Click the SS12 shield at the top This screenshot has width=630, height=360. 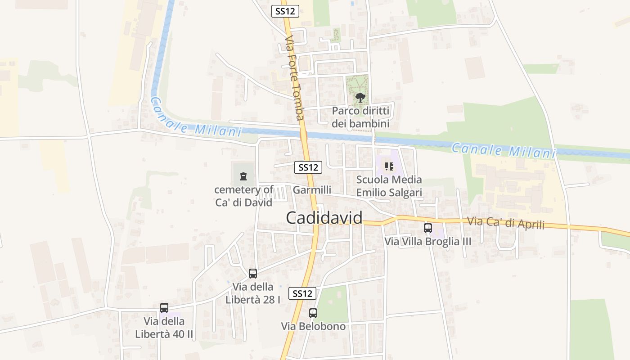coord(285,11)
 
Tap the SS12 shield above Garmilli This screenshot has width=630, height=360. coord(308,167)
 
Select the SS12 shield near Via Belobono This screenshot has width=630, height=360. coord(302,293)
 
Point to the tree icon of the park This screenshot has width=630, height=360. coord(360,97)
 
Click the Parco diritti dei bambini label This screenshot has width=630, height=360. coord(360,117)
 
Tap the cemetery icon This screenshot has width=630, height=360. coord(243,176)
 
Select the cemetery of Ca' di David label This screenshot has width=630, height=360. coord(243,196)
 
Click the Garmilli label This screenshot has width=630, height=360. coord(312,190)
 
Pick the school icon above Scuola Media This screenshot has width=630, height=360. coord(389,167)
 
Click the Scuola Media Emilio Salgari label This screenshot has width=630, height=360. coord(389,186)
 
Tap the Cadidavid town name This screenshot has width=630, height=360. coord(324,218)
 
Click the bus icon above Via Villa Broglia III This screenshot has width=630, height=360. coord(427,228)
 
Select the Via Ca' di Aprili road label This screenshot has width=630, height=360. coord(506,223)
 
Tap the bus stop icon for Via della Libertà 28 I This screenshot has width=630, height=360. coord(253,273)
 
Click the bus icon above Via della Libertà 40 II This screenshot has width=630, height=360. coord(164,308)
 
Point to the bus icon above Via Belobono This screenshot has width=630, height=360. coord(313,313)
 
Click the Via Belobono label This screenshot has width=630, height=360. coord(313,326)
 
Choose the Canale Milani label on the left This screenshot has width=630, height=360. coord(195,118)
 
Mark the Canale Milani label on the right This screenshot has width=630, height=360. coord(503,150)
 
